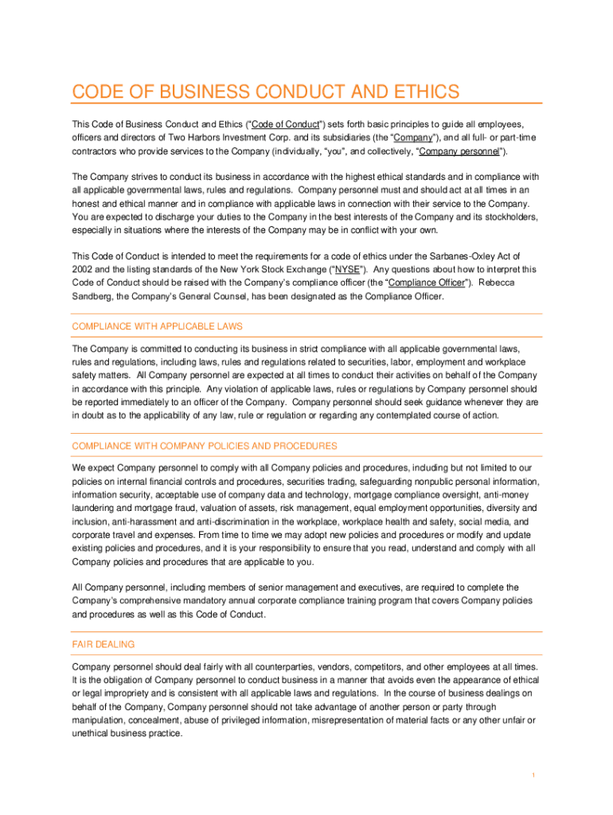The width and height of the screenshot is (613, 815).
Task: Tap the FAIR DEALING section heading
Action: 103,644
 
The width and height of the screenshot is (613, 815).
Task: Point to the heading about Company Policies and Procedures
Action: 205,446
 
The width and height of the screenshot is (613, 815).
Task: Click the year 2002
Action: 84,269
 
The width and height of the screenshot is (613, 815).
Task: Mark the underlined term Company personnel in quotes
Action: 460,151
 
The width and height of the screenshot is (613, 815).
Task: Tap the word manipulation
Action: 100,720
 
